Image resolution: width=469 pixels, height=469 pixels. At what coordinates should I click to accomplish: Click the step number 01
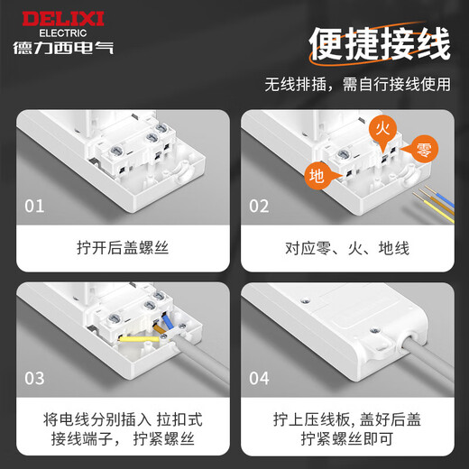point(34,207)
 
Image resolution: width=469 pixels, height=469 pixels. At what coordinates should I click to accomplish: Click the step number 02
point(259,207)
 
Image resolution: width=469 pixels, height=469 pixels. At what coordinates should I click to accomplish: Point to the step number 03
point(34,378)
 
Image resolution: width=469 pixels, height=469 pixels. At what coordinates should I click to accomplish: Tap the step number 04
point(259,378)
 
